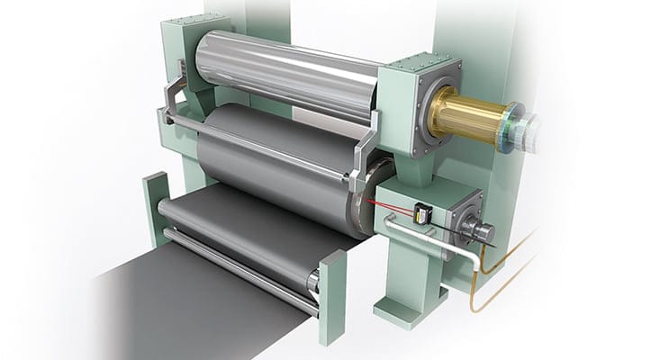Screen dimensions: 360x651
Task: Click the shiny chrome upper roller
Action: coord(288,76)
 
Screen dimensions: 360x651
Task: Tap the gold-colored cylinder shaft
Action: coord(468,114)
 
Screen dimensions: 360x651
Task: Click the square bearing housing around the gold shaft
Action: coord(416,103)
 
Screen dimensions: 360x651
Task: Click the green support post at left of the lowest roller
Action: coord(154,207)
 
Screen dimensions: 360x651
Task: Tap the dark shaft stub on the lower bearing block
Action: coord(482,233)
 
